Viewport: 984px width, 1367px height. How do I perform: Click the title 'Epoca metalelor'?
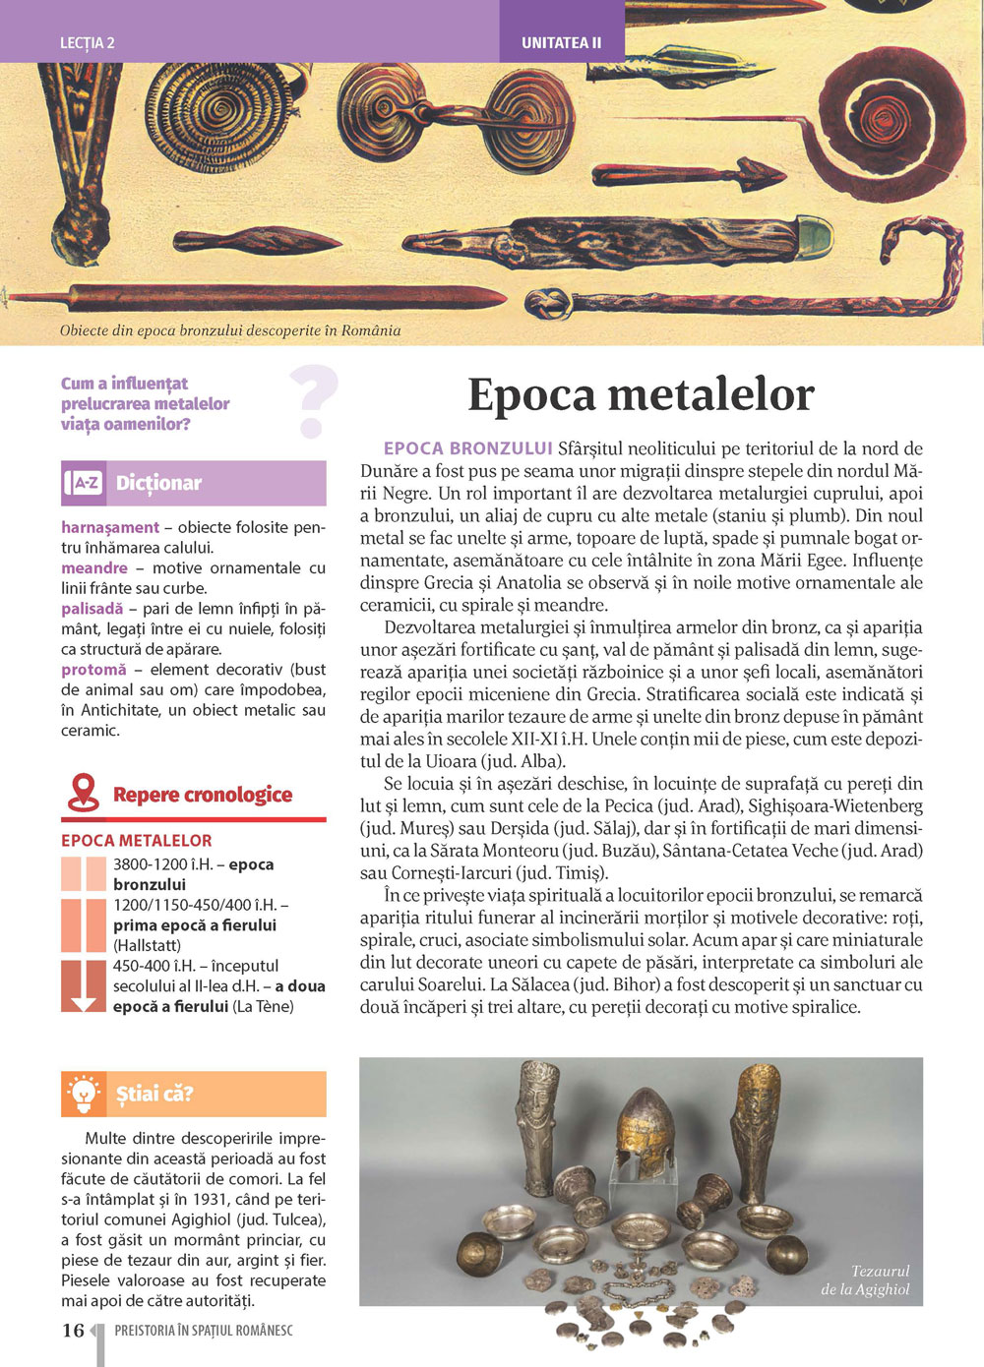tap(641, 395)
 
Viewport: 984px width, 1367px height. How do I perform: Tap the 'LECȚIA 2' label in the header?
tap(88, 43)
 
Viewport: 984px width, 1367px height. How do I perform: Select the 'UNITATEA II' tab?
tap(561, 43)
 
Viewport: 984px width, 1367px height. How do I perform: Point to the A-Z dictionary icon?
tap(85, 483)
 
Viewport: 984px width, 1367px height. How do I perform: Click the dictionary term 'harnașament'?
tap(109, 528)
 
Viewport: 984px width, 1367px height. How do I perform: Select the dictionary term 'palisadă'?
tap(92, 609)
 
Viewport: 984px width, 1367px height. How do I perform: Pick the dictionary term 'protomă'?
tap(93, 670)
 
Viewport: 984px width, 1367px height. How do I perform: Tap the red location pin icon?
tap(84, 793)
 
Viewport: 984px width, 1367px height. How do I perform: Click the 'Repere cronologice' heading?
tap(203, 795)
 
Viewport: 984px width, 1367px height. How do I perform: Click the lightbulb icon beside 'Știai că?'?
tap(85, 1094)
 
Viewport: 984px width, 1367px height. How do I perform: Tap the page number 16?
tap(73, 1331)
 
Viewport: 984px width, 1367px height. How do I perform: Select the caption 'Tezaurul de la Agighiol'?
tap(867, 1279)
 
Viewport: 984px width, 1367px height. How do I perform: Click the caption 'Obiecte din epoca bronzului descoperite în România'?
tap(230, 330)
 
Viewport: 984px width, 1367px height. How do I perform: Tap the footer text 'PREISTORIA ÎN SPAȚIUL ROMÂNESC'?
tap(204, 1331)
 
